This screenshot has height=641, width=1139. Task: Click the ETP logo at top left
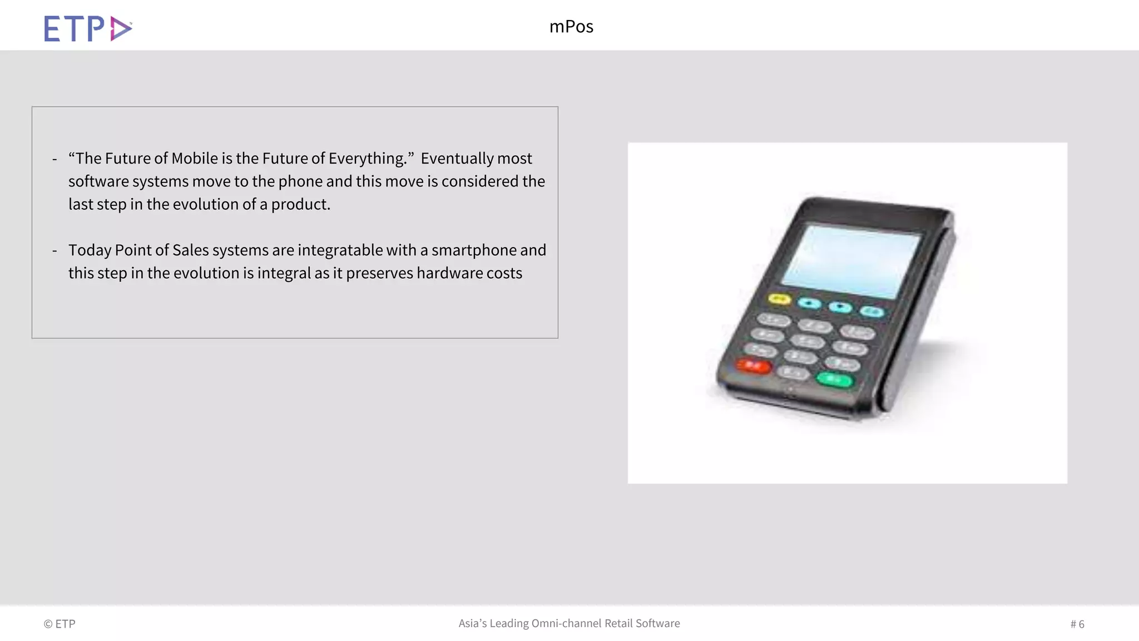88,28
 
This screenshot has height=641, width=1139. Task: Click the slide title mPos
571,27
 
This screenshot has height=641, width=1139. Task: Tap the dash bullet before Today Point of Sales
55,251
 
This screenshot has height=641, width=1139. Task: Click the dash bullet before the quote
55,159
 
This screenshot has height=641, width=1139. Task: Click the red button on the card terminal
754,366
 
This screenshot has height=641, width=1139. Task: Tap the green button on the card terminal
834,379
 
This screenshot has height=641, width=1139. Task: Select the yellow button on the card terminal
780,299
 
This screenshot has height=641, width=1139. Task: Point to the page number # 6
1077,624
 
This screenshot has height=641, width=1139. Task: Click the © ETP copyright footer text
60,624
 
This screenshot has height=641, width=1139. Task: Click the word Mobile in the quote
195,159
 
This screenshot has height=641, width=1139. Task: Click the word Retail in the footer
618,623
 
